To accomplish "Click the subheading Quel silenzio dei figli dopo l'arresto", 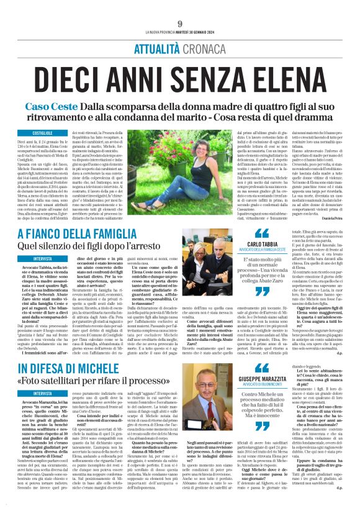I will tap(96, 265).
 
